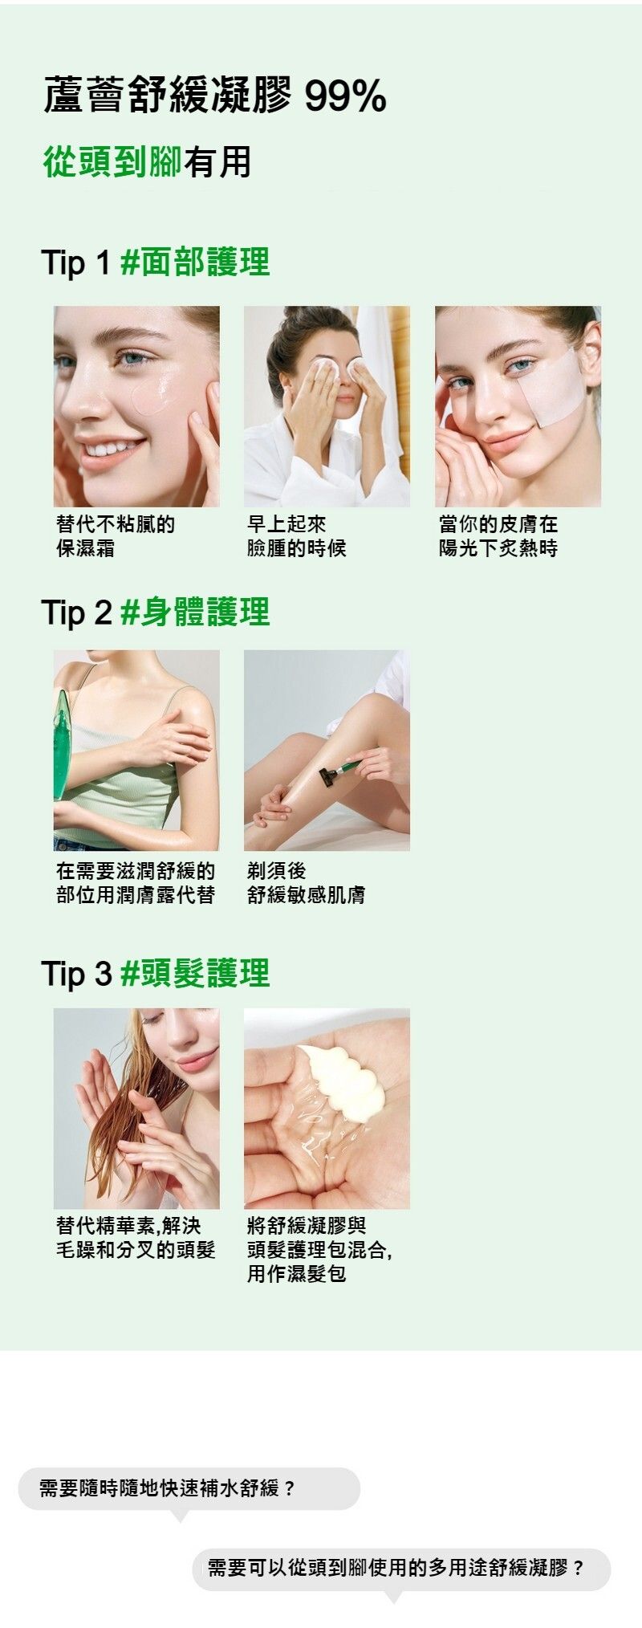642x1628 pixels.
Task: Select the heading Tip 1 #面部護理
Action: [x=156, y=262]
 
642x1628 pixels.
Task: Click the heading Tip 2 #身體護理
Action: [x=156, y=612]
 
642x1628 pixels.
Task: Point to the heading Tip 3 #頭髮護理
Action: [x=156, y=973]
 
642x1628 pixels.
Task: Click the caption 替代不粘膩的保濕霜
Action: [x=116, y=536]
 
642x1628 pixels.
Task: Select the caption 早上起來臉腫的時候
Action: [x=297, y=536]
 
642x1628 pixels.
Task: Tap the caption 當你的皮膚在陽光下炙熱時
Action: [x=498, y=536]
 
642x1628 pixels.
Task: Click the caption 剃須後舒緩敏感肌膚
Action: [x=306, y=883]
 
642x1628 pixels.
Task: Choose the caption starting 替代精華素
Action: [x=136, y=1238]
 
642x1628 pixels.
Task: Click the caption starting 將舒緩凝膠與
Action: [x=319, y=1250]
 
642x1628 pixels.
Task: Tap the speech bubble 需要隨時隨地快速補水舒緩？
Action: [x=189, y=1488]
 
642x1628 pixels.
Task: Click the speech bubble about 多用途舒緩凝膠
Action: [x=401, y=1569]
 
